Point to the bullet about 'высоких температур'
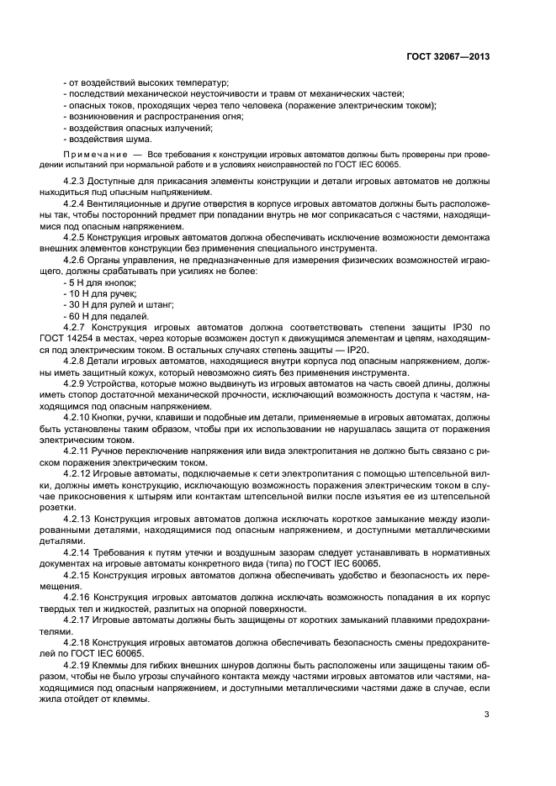click(x=146, y=82)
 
